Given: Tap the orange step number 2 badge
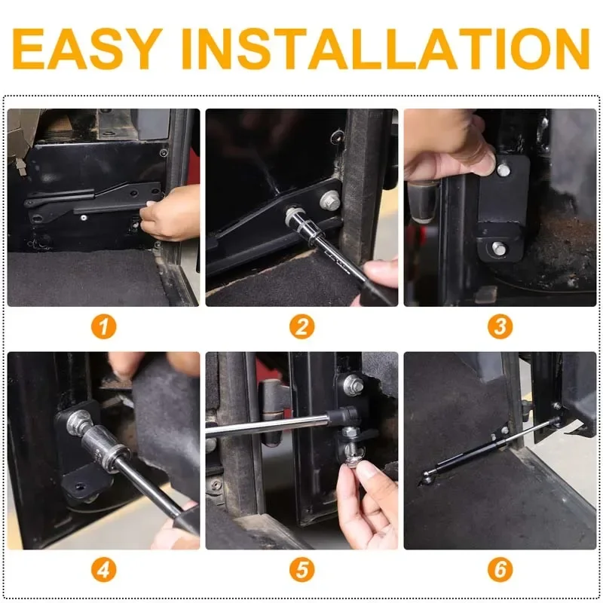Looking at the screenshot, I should click(x=301, y=326).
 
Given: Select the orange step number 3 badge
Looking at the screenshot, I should click(x=499, y=326).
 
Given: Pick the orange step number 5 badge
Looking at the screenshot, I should click(x=301, y=569).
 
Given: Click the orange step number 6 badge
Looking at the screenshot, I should click(x=499, y=569).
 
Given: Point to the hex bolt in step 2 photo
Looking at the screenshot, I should click(x=329, y=201).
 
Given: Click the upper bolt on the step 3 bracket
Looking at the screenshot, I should click(x=503, y=170).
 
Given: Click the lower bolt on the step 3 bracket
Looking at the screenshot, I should click(x=498, y=247).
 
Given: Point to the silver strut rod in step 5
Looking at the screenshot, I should click(x=264, y=427).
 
